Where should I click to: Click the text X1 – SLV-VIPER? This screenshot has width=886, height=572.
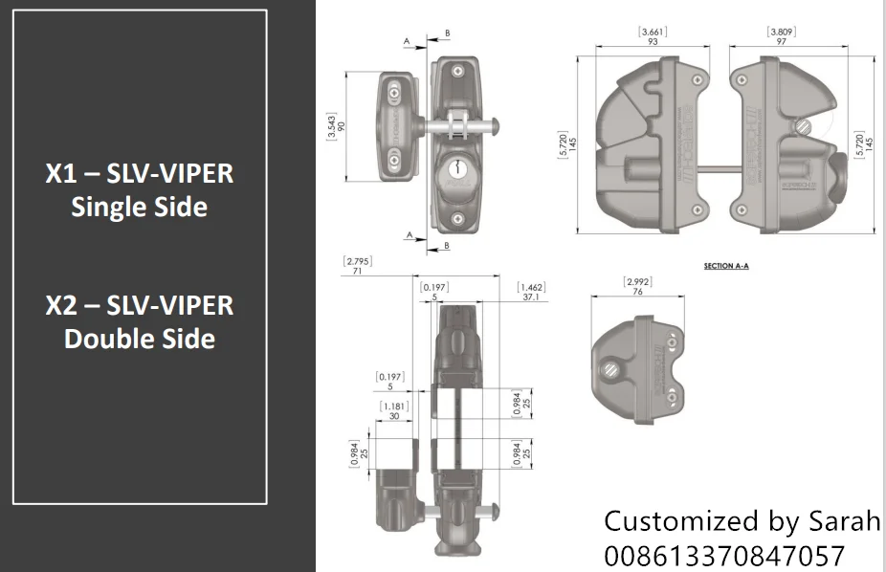[139, 174]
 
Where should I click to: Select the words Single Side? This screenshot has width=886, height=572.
[139, 207]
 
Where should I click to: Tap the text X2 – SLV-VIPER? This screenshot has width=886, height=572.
[139, 306]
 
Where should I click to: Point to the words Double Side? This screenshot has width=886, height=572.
[139, 339]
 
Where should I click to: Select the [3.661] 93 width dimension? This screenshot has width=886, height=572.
[653, 37]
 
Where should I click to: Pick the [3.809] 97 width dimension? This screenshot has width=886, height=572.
[782, 37]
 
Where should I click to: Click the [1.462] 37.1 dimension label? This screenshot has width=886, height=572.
[531, 292]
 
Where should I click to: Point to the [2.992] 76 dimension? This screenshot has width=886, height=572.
[637, 287]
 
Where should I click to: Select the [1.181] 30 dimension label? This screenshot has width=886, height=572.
[394, 410]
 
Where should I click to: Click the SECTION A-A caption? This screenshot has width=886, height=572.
[725, 265]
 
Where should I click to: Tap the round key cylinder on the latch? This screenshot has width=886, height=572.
[455, 171]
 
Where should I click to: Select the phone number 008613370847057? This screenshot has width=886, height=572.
[724, 556]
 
